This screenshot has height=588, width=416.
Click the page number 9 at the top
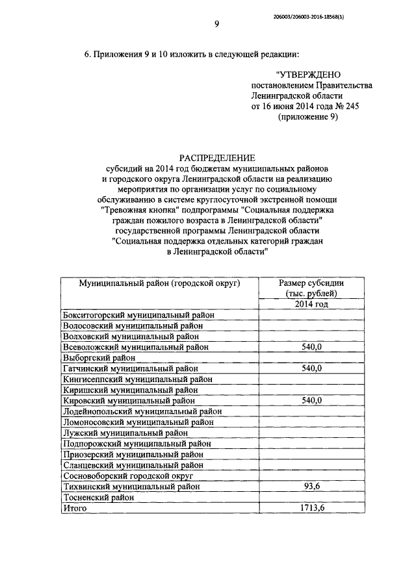pos(216,25)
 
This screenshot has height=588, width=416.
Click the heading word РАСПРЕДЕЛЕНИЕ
pos(218,158)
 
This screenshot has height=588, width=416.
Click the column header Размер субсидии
pos(311,283)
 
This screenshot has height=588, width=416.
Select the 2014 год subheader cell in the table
pos(311,304)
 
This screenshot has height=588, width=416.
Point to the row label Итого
pos(74,507)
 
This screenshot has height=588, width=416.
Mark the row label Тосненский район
pos(98,497)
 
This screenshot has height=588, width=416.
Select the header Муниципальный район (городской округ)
pos(160,283)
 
